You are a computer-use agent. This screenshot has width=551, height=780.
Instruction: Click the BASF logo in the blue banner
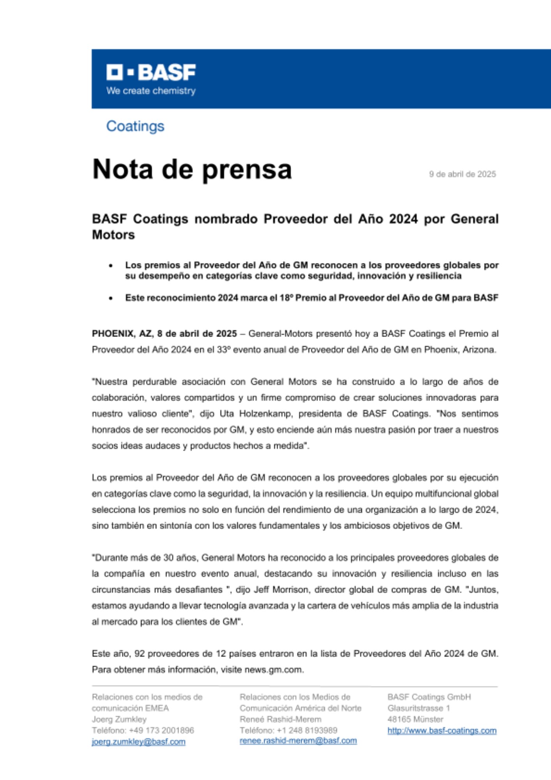(151, 72)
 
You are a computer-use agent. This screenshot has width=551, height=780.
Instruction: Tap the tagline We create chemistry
(151, 91)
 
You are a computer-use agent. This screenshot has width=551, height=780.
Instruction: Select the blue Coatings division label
(135, 126)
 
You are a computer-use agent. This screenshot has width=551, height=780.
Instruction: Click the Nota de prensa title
(192, 170)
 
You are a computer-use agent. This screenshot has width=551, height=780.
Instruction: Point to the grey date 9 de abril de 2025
(462, 174)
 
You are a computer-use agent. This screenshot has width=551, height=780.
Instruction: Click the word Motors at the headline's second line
(113, 235)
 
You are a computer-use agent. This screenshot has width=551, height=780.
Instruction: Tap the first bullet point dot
(111, 266)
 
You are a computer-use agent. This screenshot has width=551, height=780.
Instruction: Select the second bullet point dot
(111, 298)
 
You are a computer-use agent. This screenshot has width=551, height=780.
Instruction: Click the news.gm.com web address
(274, 670)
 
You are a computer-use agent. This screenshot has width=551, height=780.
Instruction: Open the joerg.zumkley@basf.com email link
(138, 742)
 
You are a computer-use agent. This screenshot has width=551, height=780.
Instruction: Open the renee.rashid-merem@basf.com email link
(298, 741)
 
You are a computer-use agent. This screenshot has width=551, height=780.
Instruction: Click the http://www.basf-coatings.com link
(442, 730)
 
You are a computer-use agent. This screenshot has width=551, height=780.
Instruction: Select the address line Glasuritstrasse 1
(419, 708)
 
